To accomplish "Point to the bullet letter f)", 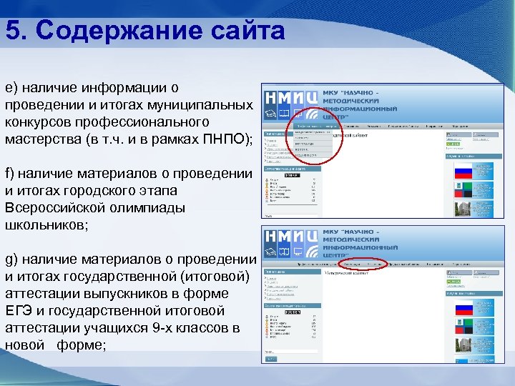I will [9, 174].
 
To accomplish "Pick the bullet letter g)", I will [11, 259].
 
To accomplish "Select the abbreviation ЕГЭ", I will [18, 311].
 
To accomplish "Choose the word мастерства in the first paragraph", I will [40, 139].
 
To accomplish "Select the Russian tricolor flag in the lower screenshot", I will [464, 310].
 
